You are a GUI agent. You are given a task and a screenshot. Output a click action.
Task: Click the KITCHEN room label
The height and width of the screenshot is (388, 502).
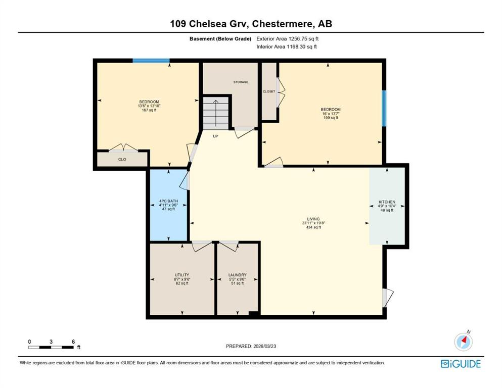(387, 202)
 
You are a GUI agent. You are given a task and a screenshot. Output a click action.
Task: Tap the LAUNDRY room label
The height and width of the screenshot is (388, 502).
(237, 275)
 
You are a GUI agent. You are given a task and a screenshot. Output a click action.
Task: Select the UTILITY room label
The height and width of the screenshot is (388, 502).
(182, 275)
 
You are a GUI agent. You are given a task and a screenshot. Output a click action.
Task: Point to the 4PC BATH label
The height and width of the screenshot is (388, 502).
(168, 201)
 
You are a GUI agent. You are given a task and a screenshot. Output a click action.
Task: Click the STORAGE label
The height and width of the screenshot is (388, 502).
(241, 82)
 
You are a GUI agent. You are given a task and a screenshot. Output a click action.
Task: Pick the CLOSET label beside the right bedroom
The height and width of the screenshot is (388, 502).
(269, 91)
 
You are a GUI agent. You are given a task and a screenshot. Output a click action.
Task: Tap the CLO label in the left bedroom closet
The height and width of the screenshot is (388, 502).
(122, 159)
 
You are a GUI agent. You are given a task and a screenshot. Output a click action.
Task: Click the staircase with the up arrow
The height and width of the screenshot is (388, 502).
(216, 113)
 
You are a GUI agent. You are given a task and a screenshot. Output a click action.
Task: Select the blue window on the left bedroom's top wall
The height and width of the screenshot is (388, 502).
(151, 61)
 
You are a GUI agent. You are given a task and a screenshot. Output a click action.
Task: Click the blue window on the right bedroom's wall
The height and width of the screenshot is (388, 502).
(384, 108)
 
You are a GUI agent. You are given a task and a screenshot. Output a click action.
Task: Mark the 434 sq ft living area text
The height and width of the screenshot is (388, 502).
(313, 227)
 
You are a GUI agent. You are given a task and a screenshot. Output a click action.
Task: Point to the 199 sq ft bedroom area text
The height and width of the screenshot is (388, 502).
(331, 118)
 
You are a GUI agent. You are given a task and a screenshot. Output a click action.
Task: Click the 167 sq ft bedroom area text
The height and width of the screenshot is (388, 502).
(149, 110)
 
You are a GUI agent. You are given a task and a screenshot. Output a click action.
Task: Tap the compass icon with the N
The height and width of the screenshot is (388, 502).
(463, 341)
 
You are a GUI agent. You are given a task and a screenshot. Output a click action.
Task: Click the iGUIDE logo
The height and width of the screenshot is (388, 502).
(461, 364)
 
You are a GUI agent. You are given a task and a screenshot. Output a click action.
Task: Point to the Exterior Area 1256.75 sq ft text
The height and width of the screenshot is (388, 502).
(288, 39)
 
